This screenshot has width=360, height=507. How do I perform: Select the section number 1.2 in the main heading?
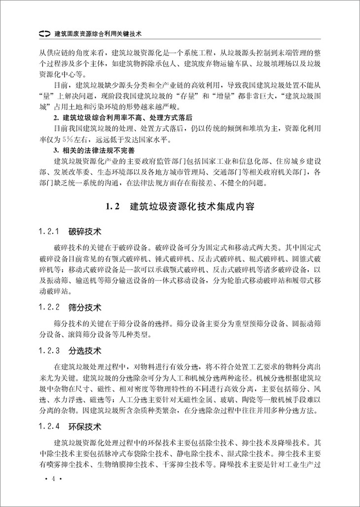coord(113,206)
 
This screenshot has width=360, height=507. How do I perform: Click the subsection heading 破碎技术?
coord(85,231)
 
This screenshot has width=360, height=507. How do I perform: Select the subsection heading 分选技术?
coord(85,351)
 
